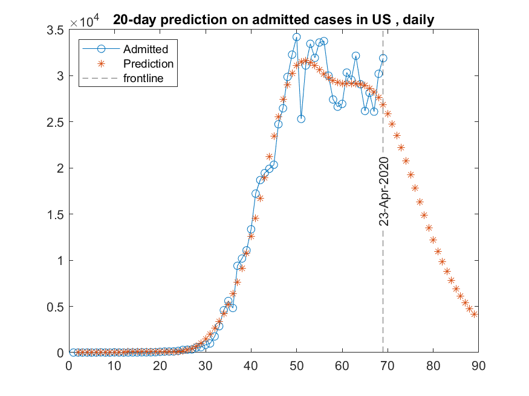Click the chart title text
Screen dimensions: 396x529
pyautogui.click(x=273, y=21)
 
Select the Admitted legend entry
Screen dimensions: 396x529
pyautogui.click(x=145, y=49)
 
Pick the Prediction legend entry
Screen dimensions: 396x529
pyautogui.click(x=148, y=63)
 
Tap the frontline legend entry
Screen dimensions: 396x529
pyautogui.click(x=143, y=78)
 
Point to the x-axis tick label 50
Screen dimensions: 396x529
pyautogui.click(x=296, y=365)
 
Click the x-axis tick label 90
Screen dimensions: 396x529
pyautogui.click(x=478, y=365)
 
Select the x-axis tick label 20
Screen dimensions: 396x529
pyautogui.click(x=160, y=365)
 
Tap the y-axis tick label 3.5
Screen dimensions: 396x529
pyautogui.click(x=55, y=30)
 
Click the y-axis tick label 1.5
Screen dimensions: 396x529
pyautogui.click(x=55, y=214)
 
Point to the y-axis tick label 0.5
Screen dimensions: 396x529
pyautogui.click(x=55, y=307)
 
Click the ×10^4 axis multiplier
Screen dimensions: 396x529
pyautogui.click(x=85, y=22)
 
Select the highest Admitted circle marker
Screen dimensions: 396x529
pyautogui.click(x=296, y=37)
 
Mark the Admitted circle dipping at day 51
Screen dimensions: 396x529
pyautogui.click(x=301, y=119)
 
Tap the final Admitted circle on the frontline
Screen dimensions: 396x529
pyautogui.click(x=383, y=59)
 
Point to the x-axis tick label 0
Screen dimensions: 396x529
pyautogui.click(x=68, y=365)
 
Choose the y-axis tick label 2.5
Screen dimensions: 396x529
pyautogui.click(x=55, y=122)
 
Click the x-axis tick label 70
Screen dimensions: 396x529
pyautogui.click(x=388, y=365)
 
